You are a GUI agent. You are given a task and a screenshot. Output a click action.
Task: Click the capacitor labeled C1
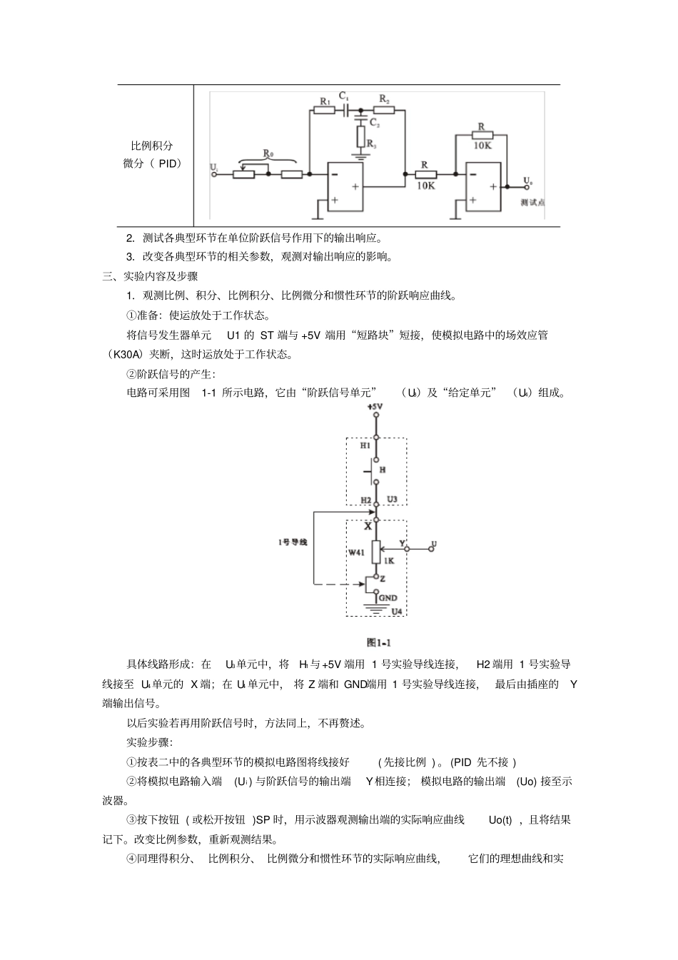pyautogui.click(x=346, y=111)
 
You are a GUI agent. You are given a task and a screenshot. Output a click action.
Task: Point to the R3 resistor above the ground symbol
pyautogui.click(x=361, y=133)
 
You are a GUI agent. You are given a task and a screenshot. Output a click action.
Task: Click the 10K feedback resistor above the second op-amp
pyautogui.click(x=482, y=133)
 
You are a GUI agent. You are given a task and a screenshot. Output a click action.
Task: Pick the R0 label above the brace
pyautogui.click(x=268, y=153)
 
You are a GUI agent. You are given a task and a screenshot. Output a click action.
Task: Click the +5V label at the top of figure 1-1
pyautogui.click(x=375, y=407)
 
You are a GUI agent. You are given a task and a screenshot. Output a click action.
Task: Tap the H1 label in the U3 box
pyautogui.click(x=365, y=445)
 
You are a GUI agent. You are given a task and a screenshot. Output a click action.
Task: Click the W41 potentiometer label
pyautogui.click(x=356, y=552)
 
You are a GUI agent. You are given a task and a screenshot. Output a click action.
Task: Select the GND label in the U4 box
pyautogui.click(x=388, y=598)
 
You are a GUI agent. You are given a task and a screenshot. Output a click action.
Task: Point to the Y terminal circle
pyautogui.click(x=407, y=549)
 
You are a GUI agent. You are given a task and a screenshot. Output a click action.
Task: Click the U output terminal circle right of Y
pyautogui.click(x=431, y=549)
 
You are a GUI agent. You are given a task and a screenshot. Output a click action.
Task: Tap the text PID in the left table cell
pyautogui.click(x=169, y=163)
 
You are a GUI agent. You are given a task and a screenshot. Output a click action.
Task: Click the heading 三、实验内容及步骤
pyautogui.click(x=150, y=276)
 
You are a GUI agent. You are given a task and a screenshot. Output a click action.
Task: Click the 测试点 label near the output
pyautogui.click(x=532, y=203)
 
